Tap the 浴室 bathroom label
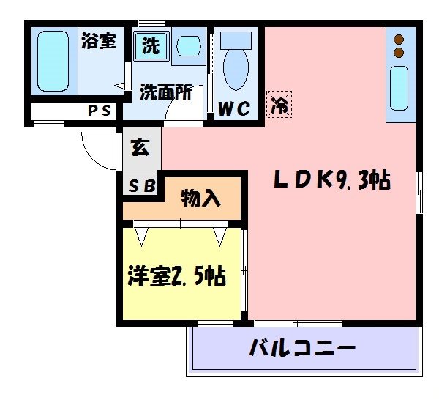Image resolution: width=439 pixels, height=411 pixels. (98, 40)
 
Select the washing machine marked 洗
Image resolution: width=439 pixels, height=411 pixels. (151, 46)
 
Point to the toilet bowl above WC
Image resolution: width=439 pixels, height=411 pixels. (236, 63)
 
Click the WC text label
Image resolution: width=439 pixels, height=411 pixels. (236, 108)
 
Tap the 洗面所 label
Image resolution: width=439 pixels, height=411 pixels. (165, 92)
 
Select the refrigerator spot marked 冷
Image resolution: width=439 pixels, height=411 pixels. (279, 103)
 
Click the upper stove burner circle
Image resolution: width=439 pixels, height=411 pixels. (399, 40)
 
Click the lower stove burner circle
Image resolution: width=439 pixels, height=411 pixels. (399, 53)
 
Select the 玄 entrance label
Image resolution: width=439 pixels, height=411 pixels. (140, 147)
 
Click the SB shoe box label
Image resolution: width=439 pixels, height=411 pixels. (142, 185)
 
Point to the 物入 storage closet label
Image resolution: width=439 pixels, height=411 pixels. (200, 198)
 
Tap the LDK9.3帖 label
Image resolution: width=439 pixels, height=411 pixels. (331, 179)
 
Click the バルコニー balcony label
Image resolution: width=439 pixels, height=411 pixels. (302, 347)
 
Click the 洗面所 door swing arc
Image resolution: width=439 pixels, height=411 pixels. (178, 109)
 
